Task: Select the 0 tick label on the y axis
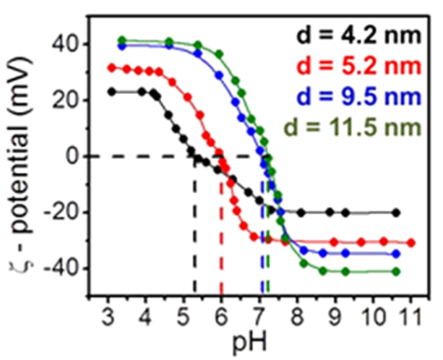point(72,156)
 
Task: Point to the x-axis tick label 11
point(410,317)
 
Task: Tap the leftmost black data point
point(111,92)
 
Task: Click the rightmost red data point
point(410,242)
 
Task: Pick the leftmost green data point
point(122,40)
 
